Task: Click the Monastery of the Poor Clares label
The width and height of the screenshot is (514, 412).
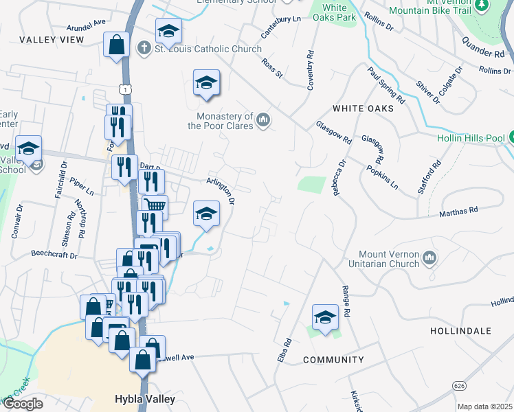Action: click(x=221, y=121)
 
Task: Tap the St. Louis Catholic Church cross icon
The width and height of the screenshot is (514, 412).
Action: click(x=144, y=49)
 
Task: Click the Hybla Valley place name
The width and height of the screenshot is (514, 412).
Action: click(x=144, y=399)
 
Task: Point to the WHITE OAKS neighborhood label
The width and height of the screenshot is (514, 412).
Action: click(x=363, y=108)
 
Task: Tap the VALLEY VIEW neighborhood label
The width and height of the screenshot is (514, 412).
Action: click(x=52, y=40)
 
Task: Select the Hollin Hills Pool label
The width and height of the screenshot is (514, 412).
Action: click(x=471, y=137)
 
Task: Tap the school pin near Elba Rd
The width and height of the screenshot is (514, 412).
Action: click(x=326, y=317)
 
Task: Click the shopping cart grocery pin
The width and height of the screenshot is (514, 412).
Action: click(x=155, y=206)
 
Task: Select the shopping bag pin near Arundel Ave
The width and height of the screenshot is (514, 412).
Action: click(x=117, y=45)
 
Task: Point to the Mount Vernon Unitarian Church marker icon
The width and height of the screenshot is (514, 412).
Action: click(x=429, y=258)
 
